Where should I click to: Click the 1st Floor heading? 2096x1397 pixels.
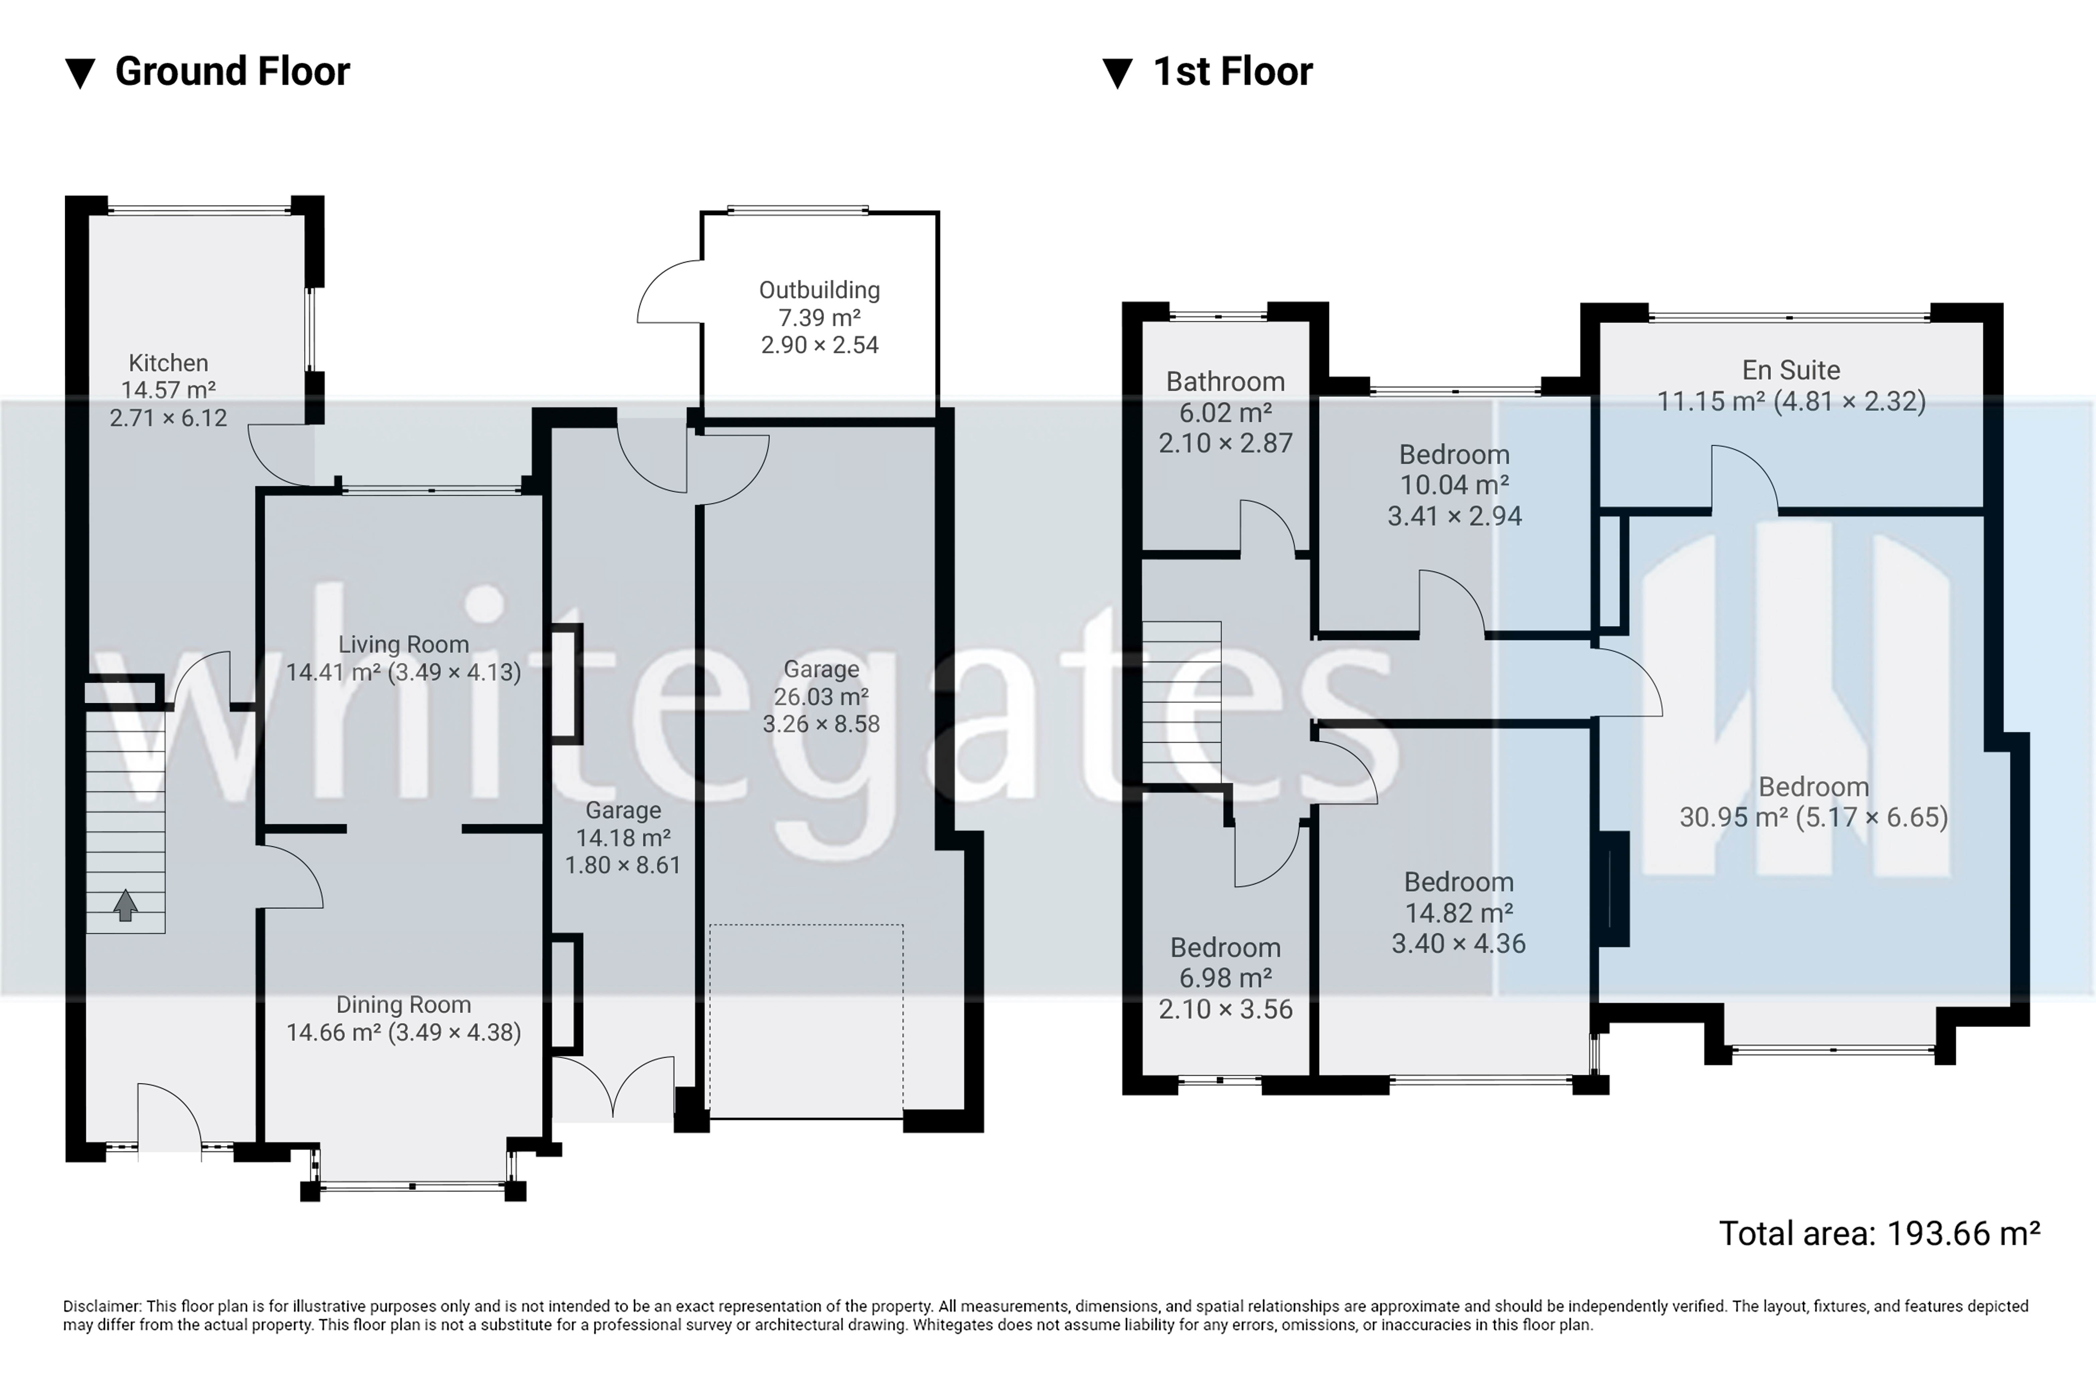[x=1232, y=71]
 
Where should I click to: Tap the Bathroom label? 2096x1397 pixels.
[x=1225, y=381]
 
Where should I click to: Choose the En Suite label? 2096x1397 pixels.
[x=1791, y=370]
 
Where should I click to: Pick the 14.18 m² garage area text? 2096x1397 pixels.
[x=623, y=837]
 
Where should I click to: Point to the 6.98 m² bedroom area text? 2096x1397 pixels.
[x=1225, y=978]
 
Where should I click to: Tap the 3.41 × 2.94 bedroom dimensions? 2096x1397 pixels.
[x=1454, y=516]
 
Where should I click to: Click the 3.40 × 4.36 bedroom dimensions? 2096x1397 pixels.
[x=1459, y=943]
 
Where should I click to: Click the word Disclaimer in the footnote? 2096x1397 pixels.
[x=102, y=1306]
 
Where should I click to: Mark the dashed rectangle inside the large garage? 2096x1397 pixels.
[x=806, y=1021]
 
